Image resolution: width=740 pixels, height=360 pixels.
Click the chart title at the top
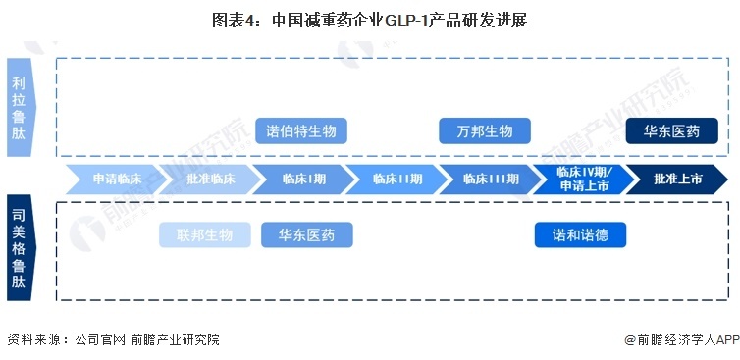[x=370, y=20]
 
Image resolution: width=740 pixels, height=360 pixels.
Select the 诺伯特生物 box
[x=301, y=131]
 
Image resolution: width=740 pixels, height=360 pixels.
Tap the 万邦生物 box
[x=484, y=131]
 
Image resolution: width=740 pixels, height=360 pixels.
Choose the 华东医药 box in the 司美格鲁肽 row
[x=306, y=235]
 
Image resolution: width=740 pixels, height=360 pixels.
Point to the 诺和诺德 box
[x=580, y=235]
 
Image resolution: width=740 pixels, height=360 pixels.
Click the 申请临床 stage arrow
[x=117, y=180]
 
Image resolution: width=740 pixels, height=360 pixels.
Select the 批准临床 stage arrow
[x=209, y=180]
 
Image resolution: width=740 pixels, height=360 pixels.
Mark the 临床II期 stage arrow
[x=396, y=180]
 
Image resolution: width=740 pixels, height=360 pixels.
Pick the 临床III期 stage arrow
[x=489, y=180]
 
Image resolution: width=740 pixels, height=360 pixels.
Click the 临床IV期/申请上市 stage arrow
[x=582, y=180]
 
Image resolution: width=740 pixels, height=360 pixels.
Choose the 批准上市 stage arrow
[x=676, y=180]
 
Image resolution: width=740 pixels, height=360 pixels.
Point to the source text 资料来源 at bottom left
[x=33, y=339]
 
